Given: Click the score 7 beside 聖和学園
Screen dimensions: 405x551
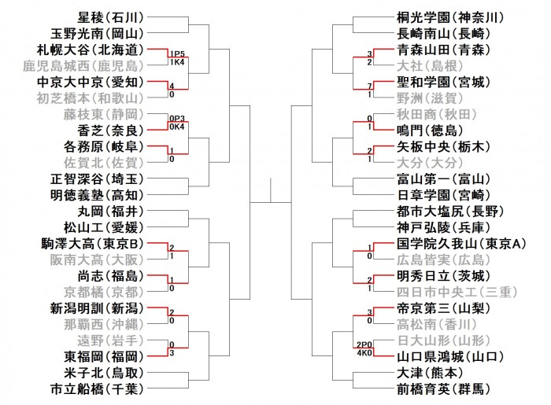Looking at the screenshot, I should point(369,85).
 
